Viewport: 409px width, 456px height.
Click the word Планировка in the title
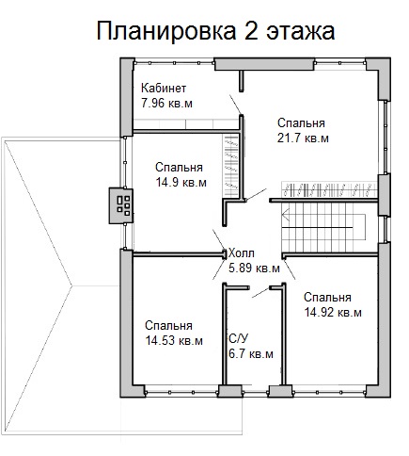click(166, 31)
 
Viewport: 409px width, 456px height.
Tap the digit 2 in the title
click(251, 31)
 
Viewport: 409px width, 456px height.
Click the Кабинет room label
click(164, 89)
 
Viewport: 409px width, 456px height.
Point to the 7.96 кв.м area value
click(166, 104)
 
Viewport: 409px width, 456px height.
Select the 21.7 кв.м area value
click(303, 138)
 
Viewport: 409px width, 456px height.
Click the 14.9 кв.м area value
click(181, 183)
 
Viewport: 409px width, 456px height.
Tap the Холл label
click(242, 252)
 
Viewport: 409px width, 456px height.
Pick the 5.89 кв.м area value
click(254, 269)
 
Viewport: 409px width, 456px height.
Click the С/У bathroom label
click(239, 339)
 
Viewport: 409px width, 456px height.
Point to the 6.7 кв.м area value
click(251, 354)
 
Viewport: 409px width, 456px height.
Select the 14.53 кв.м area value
click(174, 341)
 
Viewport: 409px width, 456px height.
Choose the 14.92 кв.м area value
click(333, 313)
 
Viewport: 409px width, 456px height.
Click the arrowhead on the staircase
click(286, 217)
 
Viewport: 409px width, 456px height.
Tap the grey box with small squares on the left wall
click(121, 205)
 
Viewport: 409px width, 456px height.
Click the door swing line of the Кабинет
click(235, 105)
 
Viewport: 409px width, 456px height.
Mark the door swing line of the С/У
click(260, 292)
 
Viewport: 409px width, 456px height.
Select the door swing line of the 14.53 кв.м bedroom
click(219, 269)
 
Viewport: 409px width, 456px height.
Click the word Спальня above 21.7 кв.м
click(301, 123)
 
